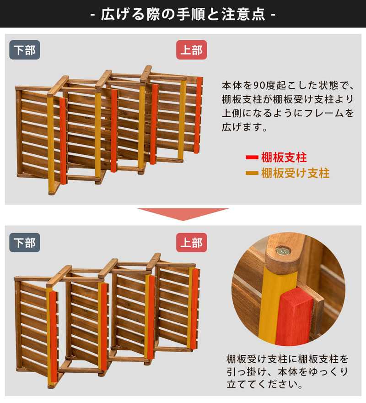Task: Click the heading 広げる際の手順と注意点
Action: point(183,14)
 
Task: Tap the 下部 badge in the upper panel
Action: point(25,50)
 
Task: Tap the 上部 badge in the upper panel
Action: point(191,50)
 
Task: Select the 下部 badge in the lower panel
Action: point(25,243)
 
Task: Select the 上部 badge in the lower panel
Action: point(191,243)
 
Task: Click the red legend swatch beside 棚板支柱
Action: point(252,158)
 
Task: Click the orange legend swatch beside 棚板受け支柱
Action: point(252,173)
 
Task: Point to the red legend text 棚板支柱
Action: point(284,158)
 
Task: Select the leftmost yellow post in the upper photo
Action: point(50,142)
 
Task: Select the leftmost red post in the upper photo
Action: point(63,140)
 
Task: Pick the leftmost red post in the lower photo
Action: point(53,337)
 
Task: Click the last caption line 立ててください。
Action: point(265,384)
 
